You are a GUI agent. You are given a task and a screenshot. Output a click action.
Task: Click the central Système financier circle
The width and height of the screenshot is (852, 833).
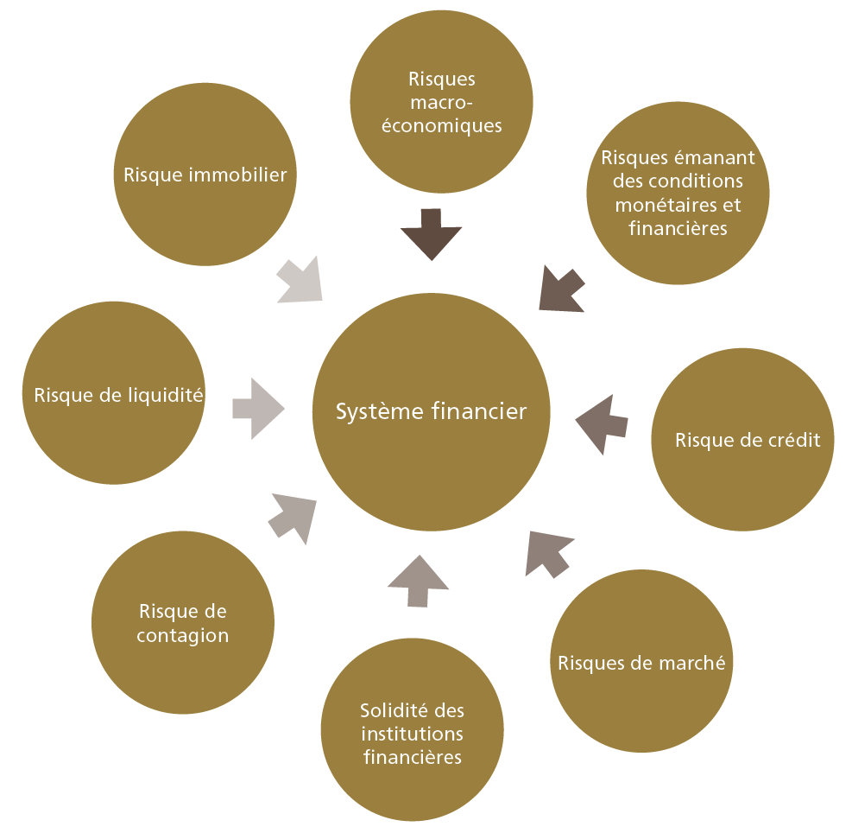click(431, 412)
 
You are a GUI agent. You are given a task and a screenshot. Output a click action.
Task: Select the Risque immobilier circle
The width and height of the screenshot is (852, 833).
click(205, 175)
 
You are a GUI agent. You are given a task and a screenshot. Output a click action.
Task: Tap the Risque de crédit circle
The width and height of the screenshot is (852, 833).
click(742, 440)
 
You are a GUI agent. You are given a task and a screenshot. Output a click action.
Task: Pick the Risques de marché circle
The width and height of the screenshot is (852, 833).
click(641, 664)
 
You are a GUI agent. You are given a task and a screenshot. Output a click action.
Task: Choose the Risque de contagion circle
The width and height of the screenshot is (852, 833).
click(182, 623)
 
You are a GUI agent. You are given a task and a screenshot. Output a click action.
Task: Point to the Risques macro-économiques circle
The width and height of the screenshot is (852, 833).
click(441, 102)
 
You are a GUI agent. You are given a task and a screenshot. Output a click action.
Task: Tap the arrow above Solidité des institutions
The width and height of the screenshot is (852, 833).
click(418, 580)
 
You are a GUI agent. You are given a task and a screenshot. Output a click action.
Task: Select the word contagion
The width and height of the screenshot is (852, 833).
click(182, 636)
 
